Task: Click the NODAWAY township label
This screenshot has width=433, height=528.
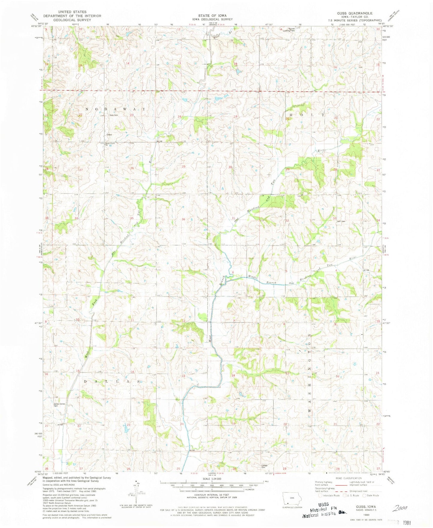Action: [x=115, y=109]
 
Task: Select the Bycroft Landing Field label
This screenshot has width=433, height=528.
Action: [x=287, y=30]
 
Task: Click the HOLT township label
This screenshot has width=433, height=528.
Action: [x=306, y=115]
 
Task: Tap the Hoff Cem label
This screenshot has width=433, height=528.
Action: [x=341, y=221]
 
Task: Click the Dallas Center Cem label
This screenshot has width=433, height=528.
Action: [x=59, y=405]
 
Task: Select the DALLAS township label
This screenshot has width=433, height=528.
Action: [x=112, y=382]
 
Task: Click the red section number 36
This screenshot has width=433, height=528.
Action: [x=183, y=219]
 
